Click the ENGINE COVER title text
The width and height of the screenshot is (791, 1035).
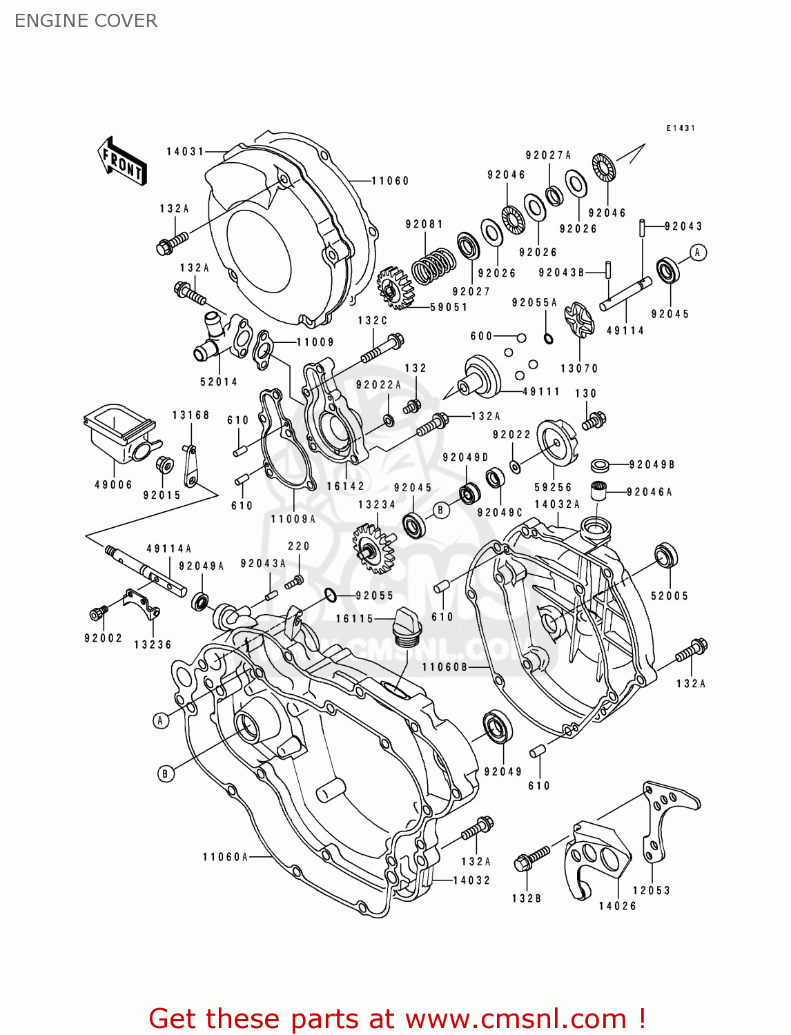point(86,21)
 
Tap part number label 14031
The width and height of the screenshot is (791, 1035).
point(185,152)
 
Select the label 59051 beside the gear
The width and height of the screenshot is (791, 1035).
point(449,307)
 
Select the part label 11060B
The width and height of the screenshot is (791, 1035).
point(445,667)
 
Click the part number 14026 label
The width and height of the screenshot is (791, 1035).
point(617,906)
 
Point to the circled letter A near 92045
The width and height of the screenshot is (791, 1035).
point(698,253)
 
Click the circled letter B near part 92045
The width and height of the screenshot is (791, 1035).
point(441,511)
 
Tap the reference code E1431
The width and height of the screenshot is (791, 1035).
point(681,128)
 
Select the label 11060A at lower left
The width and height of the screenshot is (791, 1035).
point(225,857)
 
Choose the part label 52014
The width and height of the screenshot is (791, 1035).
point(219,382)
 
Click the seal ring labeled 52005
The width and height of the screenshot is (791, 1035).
point(666,555)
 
